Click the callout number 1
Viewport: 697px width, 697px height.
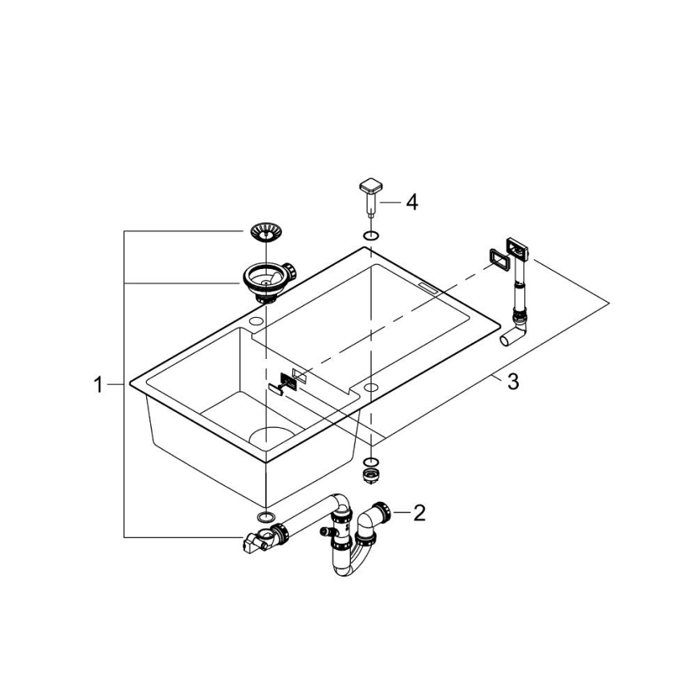point(98,385)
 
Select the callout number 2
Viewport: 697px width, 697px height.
point(418,512)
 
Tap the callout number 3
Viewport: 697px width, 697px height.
point(512,381)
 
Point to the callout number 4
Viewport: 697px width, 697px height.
point(411,202)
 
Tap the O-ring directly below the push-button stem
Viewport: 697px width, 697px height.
point(370,235)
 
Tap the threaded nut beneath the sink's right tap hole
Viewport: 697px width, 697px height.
point(370,476)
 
